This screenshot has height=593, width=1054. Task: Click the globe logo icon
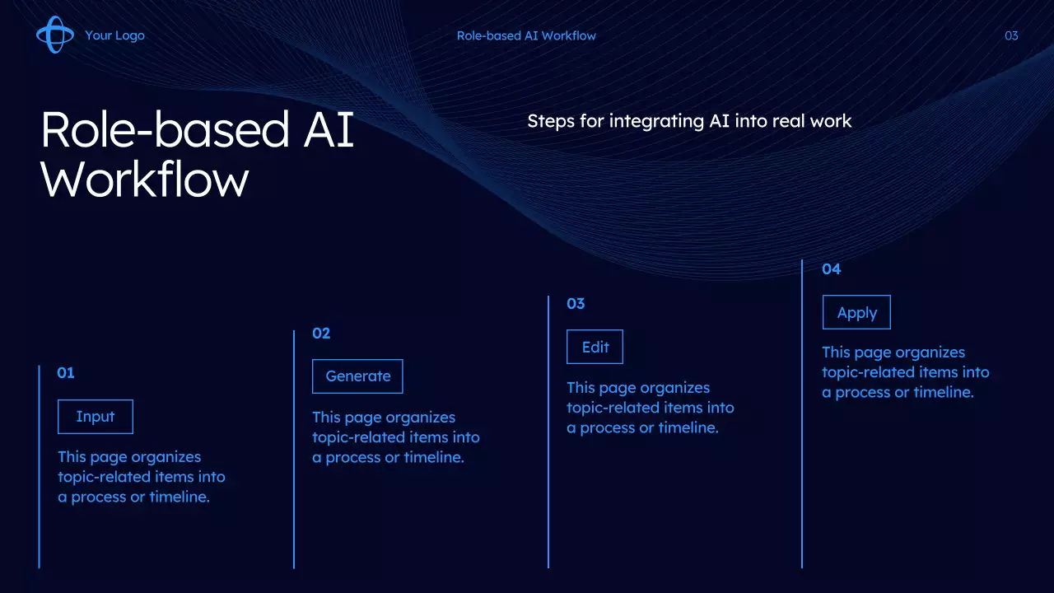tap(55, 35)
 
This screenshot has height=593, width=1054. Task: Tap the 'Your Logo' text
tap(114, 35)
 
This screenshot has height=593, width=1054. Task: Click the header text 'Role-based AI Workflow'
tap(526, 35)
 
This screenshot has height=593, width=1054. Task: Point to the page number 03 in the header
tap(1011, 35)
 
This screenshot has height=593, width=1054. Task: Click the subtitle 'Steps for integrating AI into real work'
tap(689, 121)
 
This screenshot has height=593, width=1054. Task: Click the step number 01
tap(65, 373)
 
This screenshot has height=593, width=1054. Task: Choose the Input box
tap(96, 417)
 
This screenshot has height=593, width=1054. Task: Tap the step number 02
tap(321, 334)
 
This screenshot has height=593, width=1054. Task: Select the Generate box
tap(357, 376)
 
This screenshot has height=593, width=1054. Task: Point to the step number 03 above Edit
tap(576, 304)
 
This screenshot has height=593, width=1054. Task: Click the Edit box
tap(595, 347)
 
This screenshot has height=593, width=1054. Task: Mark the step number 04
tap(832, 269)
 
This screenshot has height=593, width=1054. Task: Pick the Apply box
tap(856, 312)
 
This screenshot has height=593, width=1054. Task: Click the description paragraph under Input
tap(142, 477)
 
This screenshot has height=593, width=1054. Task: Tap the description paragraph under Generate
tap(396, 437)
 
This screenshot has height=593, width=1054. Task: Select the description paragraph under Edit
tap(651, 408)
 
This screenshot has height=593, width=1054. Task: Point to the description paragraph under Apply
tap(906, 372)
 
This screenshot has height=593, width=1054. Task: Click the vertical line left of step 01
tap(39, 467)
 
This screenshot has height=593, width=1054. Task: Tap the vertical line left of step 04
tap(802, 414)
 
